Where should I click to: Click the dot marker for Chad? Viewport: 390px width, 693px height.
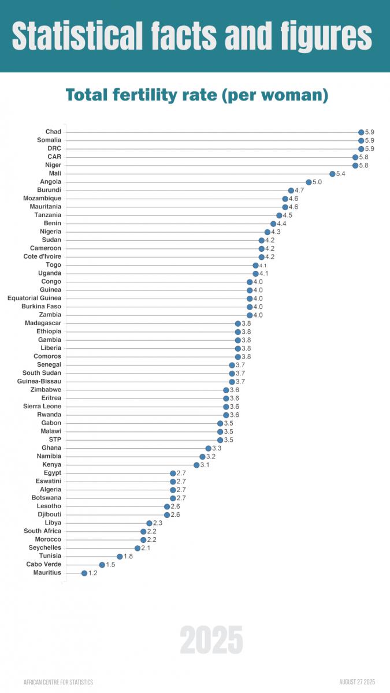click(x=361, y=132)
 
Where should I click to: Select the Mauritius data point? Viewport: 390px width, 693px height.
click(x=84, y=573)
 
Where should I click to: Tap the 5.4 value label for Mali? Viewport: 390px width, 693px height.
click(x=341, y=174)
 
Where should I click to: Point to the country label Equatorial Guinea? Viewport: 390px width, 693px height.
click(x=34, y=298)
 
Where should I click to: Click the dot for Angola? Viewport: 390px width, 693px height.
click(x=309, y=182)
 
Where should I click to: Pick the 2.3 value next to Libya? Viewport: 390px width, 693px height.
click(x=158, y=523)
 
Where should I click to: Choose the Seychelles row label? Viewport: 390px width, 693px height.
click(x=44, y=547)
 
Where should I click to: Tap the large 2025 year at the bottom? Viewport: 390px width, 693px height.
click(x=211, y=640)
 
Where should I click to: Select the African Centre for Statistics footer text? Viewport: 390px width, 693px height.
click(x=58, y=682)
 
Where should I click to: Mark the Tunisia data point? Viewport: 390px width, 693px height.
click(x=120, y=556)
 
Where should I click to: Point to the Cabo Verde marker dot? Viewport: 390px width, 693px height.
click(x=102, y=565)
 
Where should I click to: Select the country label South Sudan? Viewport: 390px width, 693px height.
click(x=42, y=373)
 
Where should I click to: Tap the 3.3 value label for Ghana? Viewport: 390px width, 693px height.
click(x=217, y=448)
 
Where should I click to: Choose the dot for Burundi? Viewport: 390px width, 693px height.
click(x=291, y=190)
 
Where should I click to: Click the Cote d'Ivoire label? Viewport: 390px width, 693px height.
click(x=42, y=256)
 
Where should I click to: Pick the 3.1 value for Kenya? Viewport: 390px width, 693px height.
click(x=205, y=465)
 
